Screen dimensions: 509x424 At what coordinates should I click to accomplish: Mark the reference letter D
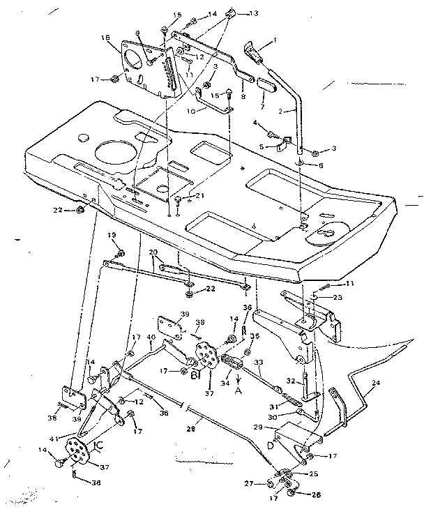click(x=268, y=443)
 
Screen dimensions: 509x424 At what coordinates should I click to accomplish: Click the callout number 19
click(x=112, y=236)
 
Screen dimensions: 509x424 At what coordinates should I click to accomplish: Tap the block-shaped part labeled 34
click(x=230, y=365)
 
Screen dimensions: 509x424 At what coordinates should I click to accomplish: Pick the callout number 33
click(x=258, y=362)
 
